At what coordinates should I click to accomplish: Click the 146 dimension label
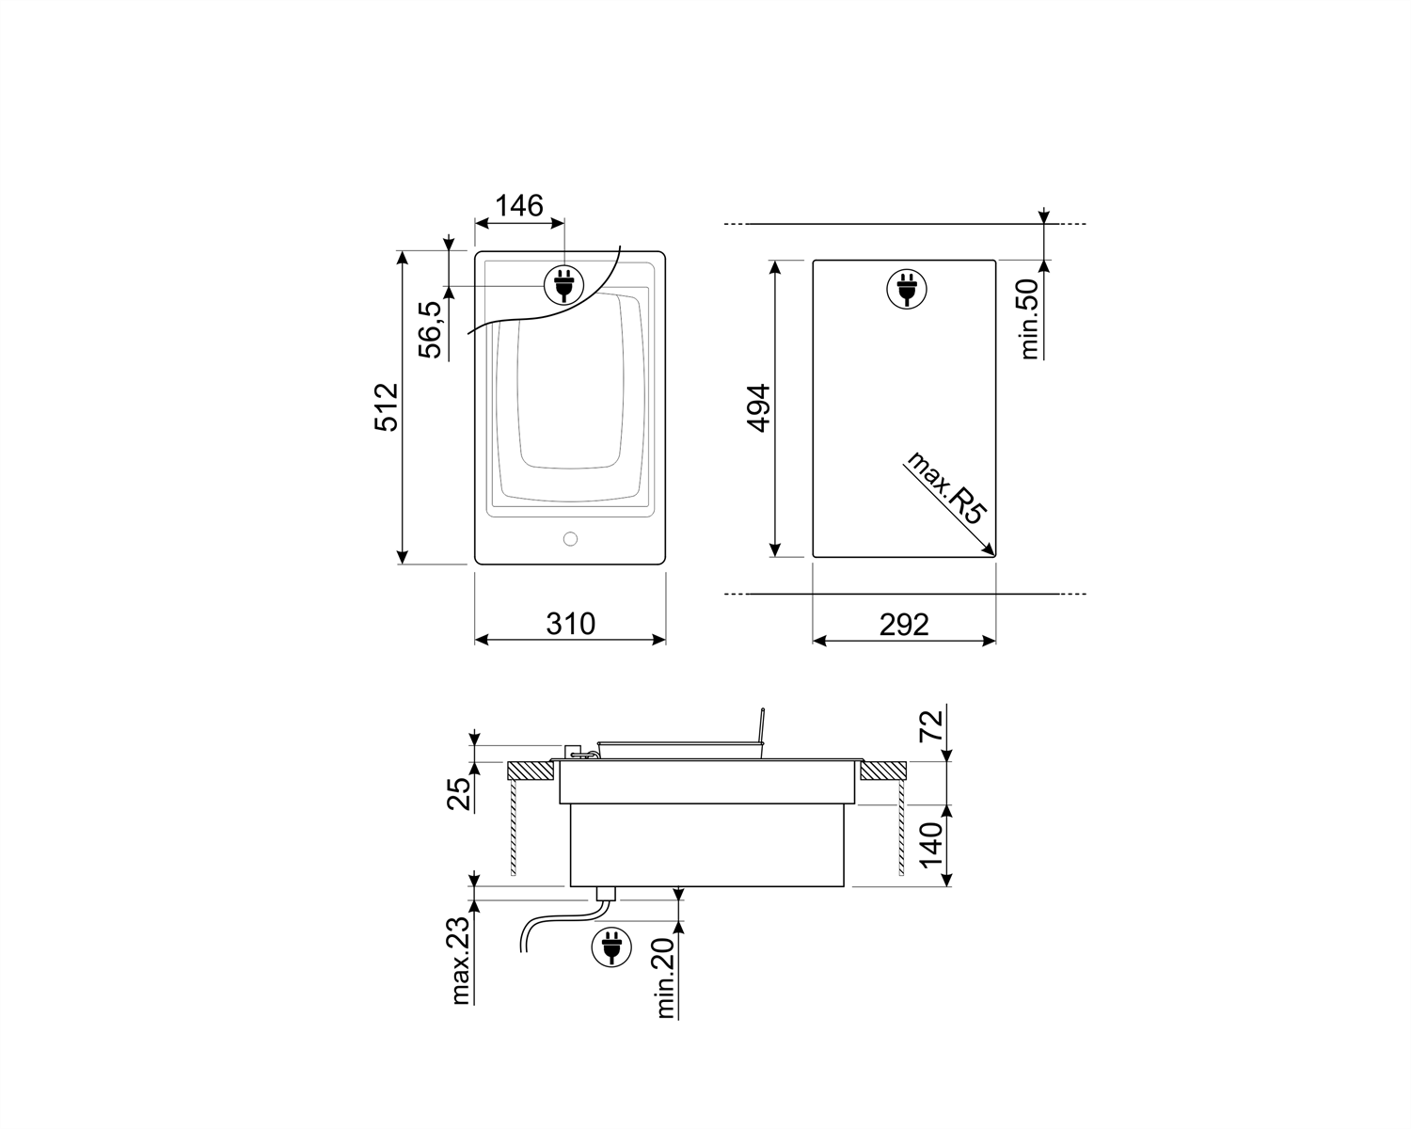tap(519, 204)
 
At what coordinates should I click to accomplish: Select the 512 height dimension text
tap(387, 406)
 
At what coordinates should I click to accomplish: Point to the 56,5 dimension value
tap(430, 329)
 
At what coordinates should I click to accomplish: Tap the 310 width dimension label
tap(570, 624)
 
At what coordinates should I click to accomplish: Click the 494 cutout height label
tap(758, 407)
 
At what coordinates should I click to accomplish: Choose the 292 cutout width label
tap(904, 624)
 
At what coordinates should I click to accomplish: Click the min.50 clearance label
tap(1029, 318)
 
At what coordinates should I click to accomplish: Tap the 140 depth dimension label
tap(930, 845)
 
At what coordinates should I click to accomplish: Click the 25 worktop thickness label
tap(457, 793)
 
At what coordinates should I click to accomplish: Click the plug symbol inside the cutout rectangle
tap(905, 289)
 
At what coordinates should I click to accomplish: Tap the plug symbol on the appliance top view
tap(563, 284)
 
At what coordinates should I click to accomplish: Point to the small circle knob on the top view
tap(569, 539)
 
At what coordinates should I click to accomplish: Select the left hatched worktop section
tap(530, 771)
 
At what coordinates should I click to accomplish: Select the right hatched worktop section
tap(882, 771)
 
